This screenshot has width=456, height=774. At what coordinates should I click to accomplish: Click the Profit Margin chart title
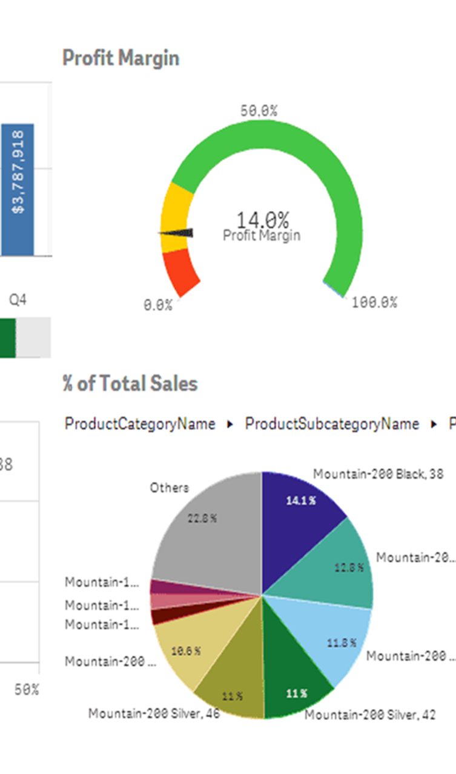pyautogui.click(x=121, y=58)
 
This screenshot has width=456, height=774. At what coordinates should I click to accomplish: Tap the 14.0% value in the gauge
pyautogui.click(x=262, y=219)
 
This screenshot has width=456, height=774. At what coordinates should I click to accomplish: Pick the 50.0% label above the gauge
pyautogui.click(x=259, y=111)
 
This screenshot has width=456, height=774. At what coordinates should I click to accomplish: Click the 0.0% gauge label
pyautogui.click(x=157, y=305)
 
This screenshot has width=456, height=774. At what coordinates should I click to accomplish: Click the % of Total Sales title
pyautogui.click(x=130, y=384)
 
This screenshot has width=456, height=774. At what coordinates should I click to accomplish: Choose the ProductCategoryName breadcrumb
pyautogui.click(x=140, y=424)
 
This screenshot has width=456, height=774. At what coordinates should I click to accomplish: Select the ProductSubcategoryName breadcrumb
pyautogui.click(x=331, y=424)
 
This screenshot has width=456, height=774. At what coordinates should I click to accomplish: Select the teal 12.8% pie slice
pyautogui.click(x=339, y=567)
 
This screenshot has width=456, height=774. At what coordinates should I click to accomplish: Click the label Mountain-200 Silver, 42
pyautogui.click(x=369, y=715)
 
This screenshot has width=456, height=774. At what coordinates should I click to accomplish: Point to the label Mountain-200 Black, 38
pyautogui.click(x=378, y=474)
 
